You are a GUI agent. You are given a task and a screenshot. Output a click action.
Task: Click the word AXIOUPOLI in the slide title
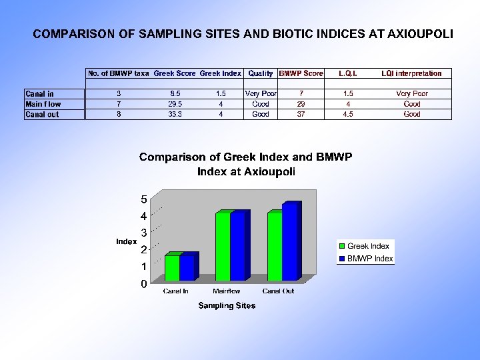(415, 33)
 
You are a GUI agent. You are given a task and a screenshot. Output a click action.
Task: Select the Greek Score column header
(175, 73)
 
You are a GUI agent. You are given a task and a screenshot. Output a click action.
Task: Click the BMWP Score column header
(301, 73)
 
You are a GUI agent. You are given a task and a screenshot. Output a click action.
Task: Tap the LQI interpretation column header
(411, 73)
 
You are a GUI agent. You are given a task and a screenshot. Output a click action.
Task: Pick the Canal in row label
(40, 94)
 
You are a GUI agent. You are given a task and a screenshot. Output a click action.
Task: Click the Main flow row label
(43, 104)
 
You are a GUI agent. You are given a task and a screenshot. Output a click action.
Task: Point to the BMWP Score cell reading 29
(301, 104)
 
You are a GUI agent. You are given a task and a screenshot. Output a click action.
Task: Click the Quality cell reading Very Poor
(261, 94)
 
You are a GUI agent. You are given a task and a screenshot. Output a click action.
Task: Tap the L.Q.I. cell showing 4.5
(348, 115)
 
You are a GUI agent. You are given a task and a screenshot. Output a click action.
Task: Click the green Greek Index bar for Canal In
(172, 268)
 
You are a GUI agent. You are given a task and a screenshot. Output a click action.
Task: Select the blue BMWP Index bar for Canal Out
(289, 243)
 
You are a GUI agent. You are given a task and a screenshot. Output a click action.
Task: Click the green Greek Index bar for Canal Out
(274, 247)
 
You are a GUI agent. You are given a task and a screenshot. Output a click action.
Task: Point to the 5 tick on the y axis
(144, 199)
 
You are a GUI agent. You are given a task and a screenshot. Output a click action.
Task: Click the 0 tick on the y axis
(144, 285)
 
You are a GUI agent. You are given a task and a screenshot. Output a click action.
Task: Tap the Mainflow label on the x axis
(227, 291)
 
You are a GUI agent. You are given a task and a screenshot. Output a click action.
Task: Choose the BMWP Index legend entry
(370, 259)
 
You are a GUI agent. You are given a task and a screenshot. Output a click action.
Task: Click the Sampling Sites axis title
(227, 306)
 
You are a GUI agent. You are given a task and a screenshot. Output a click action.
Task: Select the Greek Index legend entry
(368, 246)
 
